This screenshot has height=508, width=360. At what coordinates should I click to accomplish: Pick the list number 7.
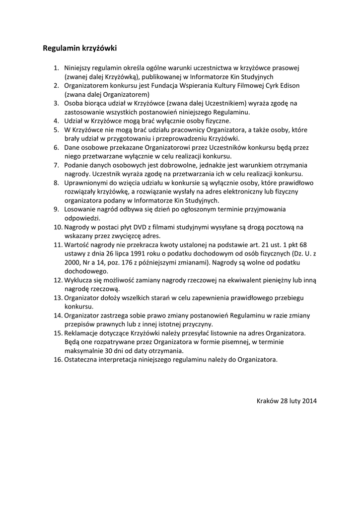[57, 165]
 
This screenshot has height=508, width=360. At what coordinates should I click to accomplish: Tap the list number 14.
[58, 316]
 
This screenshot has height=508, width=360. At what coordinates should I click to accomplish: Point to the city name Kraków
[268, 401]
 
